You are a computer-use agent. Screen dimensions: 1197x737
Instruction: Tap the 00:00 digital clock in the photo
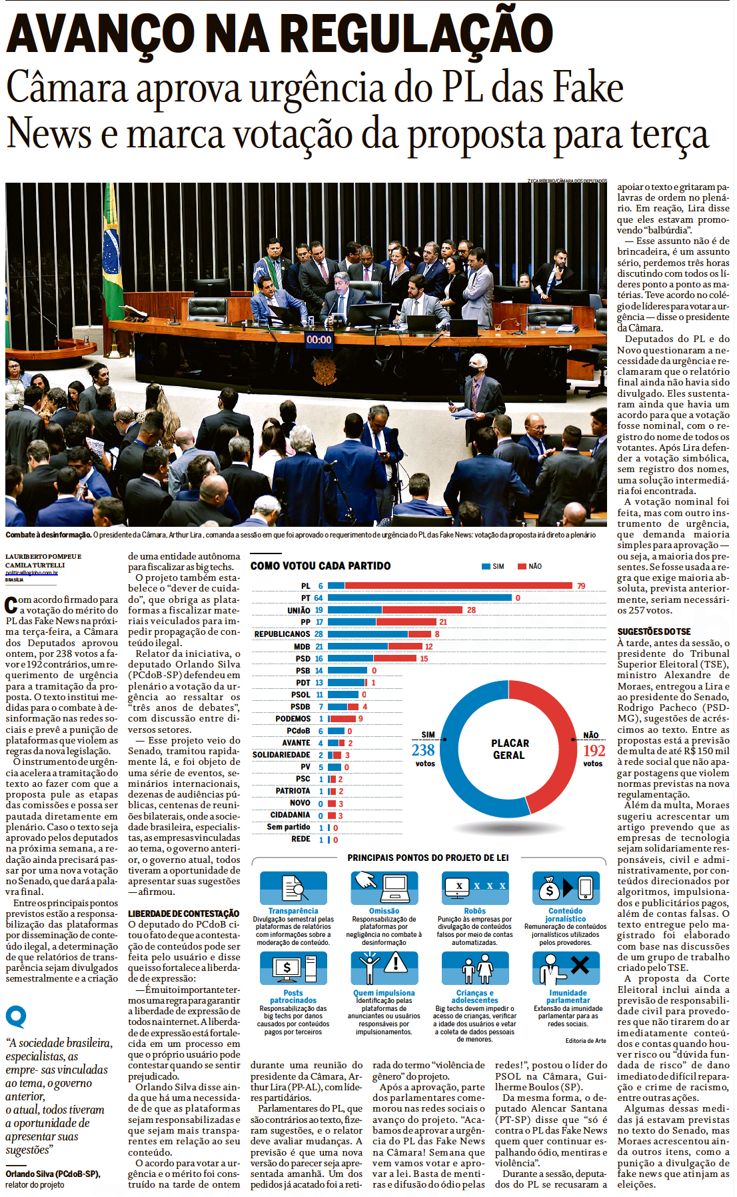(319, 339)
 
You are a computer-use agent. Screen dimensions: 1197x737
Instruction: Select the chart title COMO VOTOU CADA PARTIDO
(321, 566)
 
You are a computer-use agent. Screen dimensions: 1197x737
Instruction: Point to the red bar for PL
(458, 586)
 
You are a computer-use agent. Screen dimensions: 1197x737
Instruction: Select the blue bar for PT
(419, 598)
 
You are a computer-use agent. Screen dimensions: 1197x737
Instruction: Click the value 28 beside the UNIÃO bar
(471, 610)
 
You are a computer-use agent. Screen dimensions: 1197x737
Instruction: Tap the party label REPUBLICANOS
(282, 634)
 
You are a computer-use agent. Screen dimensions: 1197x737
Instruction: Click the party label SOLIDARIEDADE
(281, 755)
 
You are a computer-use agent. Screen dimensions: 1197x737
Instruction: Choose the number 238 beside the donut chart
(423, 750)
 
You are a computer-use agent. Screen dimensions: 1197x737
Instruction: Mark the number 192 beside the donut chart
(594, 751)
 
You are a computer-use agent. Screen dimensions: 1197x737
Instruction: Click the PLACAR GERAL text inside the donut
(510, 749)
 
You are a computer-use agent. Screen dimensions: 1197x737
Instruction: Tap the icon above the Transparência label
(293, 888)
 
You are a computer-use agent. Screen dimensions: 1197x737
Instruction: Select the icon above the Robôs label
(474, 888)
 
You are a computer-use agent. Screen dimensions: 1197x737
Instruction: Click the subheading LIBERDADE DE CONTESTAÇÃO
(183, 914)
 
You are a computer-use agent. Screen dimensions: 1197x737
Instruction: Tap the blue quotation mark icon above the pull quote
(16, 1017)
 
